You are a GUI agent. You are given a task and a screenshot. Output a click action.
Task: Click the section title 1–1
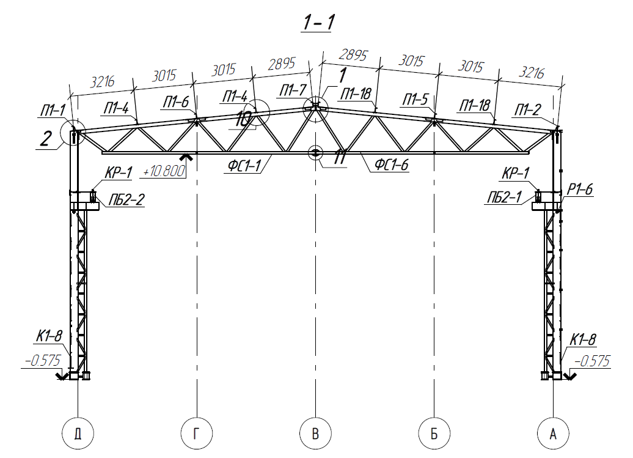click(x=318, y=22)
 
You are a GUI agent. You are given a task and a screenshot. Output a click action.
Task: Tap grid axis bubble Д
click(x=78, y=434)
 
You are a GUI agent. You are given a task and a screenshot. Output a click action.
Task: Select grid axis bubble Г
click(x=197, y=434)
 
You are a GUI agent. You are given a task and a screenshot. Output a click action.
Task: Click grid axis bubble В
click(x=315, y=434)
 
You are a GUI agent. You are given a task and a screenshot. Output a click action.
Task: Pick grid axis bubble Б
click(x=434, y=434)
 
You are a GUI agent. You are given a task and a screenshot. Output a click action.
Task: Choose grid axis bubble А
click(x=553, y=434)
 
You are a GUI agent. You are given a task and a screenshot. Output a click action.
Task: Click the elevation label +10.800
click(x=164, y=171)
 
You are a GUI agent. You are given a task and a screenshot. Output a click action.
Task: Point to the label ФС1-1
click(x=244, y=165)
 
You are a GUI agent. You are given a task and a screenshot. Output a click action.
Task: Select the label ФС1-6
click(x=391, y=164)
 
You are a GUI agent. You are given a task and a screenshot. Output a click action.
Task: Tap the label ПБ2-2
click(x=126, y=199)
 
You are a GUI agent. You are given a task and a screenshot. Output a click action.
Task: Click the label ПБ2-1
click(x=504, y=197)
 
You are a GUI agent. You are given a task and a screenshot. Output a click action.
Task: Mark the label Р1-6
click(x=580, y=188)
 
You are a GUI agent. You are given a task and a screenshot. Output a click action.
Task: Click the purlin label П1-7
click(x=293, y=90)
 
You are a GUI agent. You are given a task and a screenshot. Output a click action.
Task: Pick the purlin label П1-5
click(x=415, y=99)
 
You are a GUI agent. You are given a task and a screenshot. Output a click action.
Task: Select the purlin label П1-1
click(x=53, y=110)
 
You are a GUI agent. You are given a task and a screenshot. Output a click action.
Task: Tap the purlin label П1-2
click(x=528, y=109)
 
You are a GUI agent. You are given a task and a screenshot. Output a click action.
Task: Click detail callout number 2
click(x=46, y=139)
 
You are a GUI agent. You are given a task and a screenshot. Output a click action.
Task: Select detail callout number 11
click(x=340, y=157)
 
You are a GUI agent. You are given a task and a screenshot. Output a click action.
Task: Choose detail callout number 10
click(x=243, y=119)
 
